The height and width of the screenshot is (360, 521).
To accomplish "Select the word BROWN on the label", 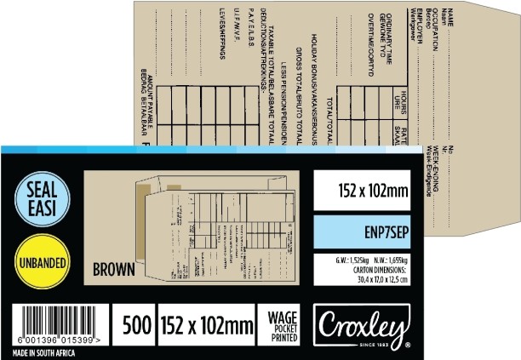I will tap(113, 271).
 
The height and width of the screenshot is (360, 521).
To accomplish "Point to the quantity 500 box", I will tap(136, 324).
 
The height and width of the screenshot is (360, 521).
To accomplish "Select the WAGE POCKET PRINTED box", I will tap(282, 324).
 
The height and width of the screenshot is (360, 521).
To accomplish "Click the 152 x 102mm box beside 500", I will tap(206, 324).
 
